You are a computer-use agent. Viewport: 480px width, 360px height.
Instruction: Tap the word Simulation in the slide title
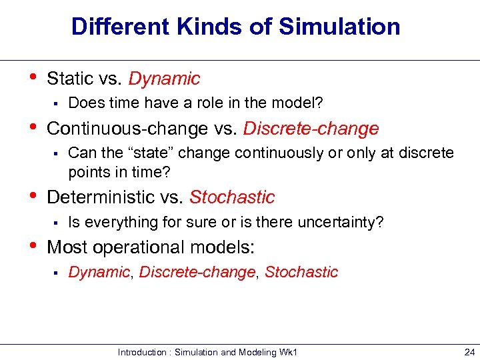pyautogui.click(x=339, y=27)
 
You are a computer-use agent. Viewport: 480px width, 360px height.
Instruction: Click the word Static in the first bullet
pyautogui.click(x=70, y=79)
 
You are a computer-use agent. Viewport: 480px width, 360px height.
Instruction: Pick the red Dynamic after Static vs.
pyautogui.click(x=164, y=79)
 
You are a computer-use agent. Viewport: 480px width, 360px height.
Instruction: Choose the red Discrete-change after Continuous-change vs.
pyautogui.click(x=311, y=128)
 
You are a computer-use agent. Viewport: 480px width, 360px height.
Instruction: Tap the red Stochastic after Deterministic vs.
pyautogui.click(x=232, y=197)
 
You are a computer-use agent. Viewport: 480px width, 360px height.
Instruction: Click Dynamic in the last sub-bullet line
pyautogui.click(x=99, y=272)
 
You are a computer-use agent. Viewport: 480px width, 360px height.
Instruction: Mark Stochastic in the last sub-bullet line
pyautogui.click(x=301, y=272)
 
